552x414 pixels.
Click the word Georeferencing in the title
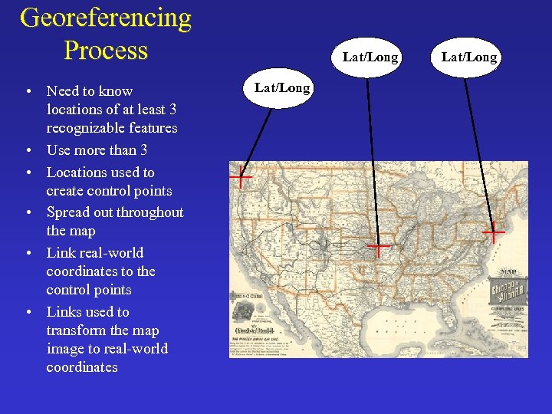pyautogui.click(x=106, y=17)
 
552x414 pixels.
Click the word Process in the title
pyautogui.click(x=106, y=51)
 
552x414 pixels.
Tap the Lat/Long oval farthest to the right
pyautogui.click(x=469, y=58)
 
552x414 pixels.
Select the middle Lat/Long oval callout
pyautogui.click(x=370, y=58)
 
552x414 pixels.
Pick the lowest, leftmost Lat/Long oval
pyautogui.click(x=282, y=88)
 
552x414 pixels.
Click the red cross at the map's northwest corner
pyautogui.click(x=241, y=177)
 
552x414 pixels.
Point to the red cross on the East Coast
pyautogui.click(x=493, y=232)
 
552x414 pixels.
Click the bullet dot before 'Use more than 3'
pyautogui.click(x=28, y=151)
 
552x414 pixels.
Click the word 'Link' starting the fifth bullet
pyautogui.click(x=60, y=253)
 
